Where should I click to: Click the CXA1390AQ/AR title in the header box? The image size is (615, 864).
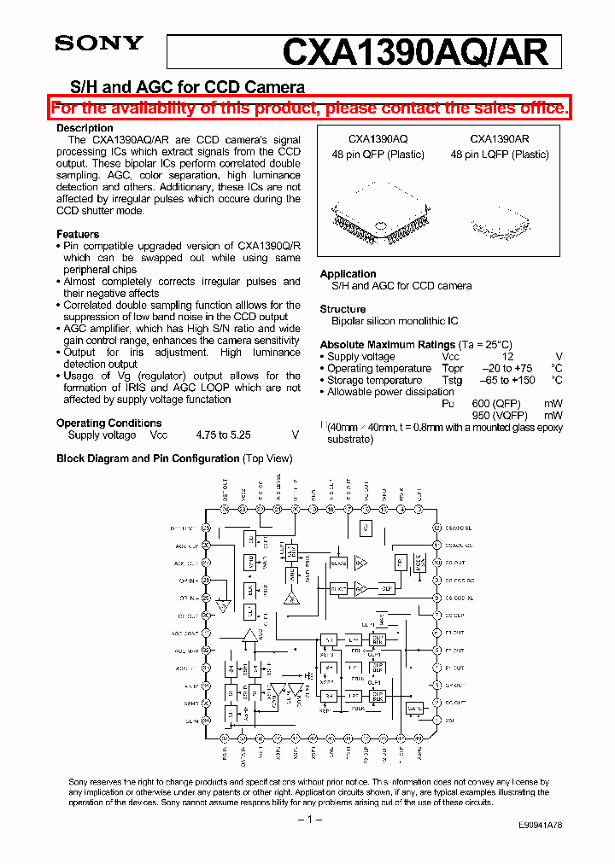point(414,53)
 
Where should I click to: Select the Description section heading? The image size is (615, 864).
point(85,128)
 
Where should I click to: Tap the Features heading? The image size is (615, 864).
point(78,234)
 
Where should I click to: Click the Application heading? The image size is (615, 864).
point(348,274)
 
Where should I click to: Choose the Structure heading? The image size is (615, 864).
point(343,309)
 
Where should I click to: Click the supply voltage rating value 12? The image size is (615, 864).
point(507,357)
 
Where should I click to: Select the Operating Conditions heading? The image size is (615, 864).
point(108,423)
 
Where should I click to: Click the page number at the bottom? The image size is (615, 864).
point(307,820)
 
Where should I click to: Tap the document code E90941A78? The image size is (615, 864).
point(540,826)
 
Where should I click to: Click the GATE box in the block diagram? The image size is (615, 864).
point(415,709)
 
